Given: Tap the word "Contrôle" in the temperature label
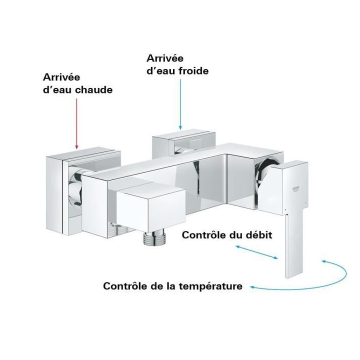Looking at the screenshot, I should tap(122, 286).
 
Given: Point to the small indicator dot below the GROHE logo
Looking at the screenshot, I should tap(284, 206).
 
